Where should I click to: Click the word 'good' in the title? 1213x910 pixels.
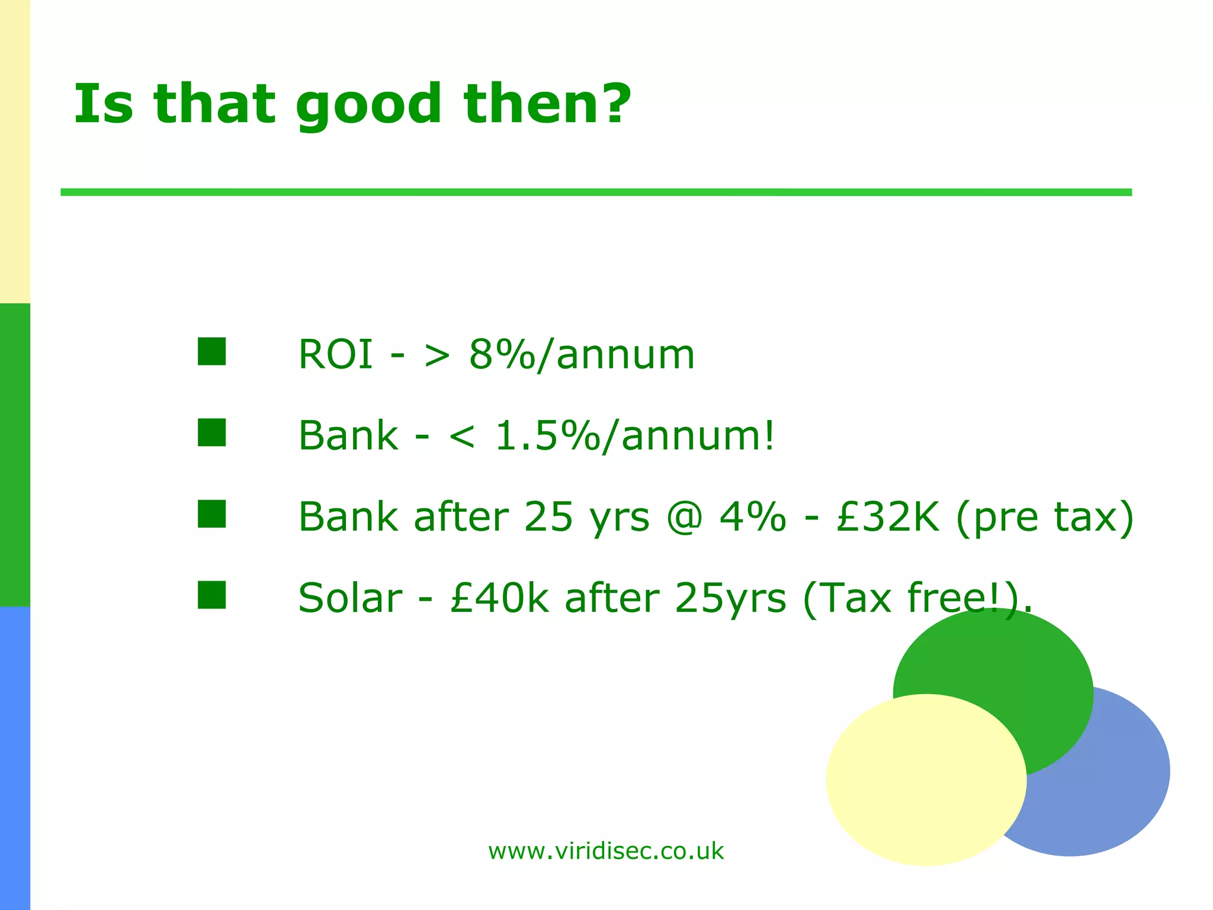[x=368, y=105]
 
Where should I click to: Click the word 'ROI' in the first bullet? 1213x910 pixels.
[x=335, y=355]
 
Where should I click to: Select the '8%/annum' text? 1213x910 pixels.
[x=581, y=355]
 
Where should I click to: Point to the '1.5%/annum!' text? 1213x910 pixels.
[x=634, y=436]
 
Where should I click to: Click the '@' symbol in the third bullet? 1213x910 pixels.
[x=684, y=517]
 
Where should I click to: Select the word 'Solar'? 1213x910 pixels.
[x=350, y=598]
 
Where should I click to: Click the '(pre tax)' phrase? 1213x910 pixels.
[x=1045, y=517]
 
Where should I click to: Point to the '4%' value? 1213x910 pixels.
[x=752, y=517]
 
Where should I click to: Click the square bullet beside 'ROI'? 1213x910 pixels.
[x=211, y=351]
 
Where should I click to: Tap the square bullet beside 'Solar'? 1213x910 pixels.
[x=211, y=595]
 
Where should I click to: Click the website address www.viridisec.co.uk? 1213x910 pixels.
[x=605, y=851]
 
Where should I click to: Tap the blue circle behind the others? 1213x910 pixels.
[x=1113, y=788]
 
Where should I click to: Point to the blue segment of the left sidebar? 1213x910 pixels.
[x=15, y=758]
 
